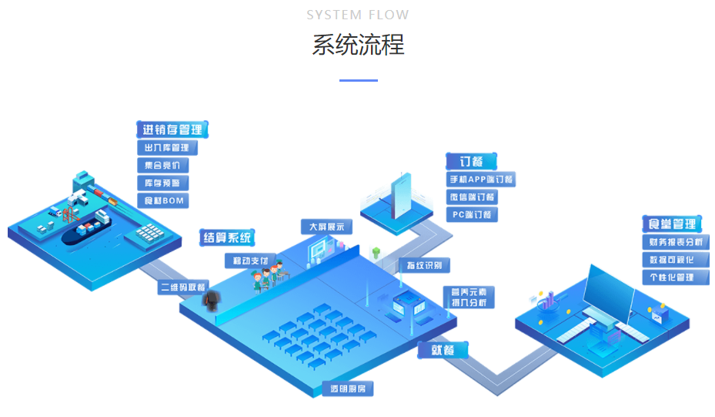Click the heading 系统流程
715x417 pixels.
click(358, 45)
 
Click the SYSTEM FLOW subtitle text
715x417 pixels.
click(358, 15)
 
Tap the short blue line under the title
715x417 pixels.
click(358, 80)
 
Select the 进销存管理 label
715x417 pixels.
click(173, 129)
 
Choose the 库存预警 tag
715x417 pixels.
click(162, 183)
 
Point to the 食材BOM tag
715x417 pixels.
click(162, 201)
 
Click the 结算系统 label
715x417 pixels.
click(227, 238)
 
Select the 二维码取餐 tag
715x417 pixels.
click(182, 288)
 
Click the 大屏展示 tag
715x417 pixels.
click(326, 227)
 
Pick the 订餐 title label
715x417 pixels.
click(471, 161)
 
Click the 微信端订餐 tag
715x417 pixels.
click(472, 197)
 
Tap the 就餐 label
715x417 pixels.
click(443, 350)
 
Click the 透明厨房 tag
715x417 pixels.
click(346, 389)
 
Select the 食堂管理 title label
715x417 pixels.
click(673, 224)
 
